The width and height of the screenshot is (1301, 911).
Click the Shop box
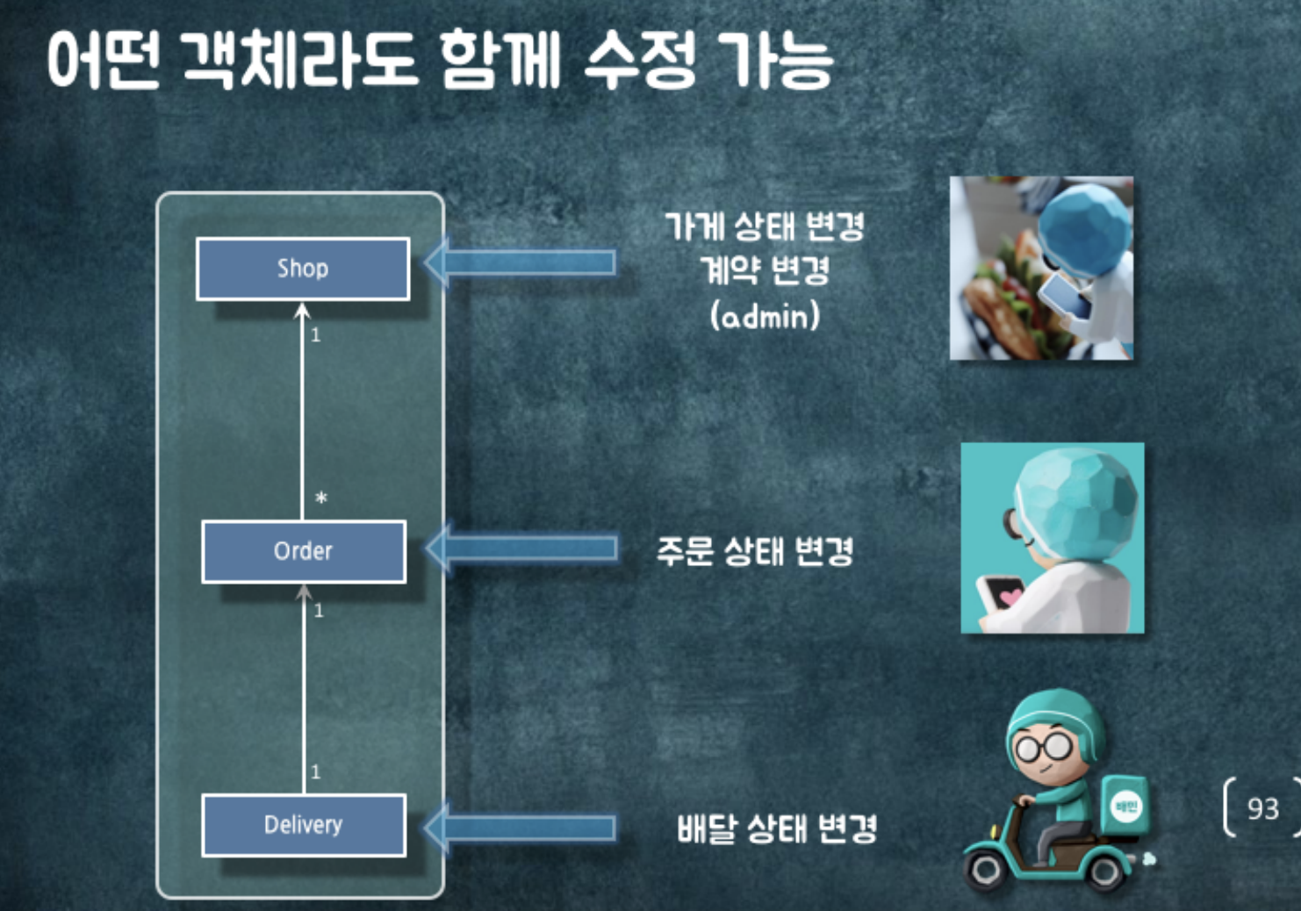303,269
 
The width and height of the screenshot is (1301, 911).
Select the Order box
304,551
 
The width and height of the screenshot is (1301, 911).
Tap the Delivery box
304,825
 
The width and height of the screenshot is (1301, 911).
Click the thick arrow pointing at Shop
521,262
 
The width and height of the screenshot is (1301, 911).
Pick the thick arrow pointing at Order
521,549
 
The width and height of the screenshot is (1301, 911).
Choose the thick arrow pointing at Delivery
521,828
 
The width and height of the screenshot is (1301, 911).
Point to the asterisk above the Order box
321,499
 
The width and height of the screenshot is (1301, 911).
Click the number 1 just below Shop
316,335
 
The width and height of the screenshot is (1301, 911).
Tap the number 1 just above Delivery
316,772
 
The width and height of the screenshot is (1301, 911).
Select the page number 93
1262,808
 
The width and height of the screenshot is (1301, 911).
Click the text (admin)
765,315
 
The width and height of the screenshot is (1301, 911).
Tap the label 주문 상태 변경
755,552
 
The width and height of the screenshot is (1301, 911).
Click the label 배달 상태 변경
777,829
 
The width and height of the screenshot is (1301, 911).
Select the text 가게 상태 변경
765,226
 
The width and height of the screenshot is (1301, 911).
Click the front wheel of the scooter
986,869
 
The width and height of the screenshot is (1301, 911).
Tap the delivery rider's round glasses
1043,748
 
